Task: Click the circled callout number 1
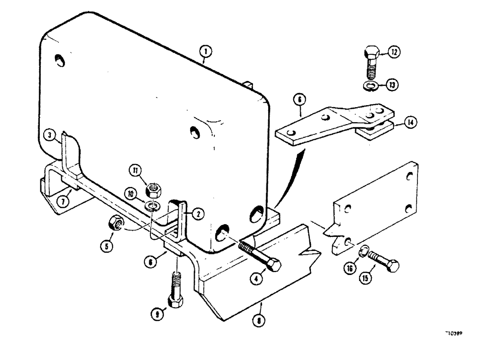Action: [x=206, y=50]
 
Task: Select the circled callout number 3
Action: [x=48, y=135]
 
